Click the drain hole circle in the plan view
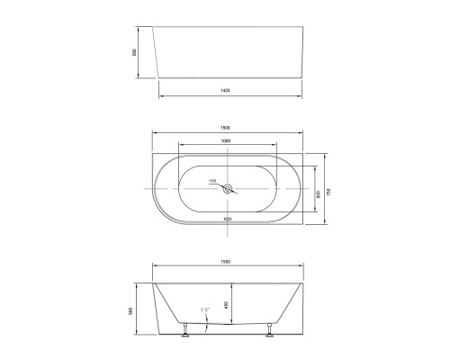(x=228, y=188)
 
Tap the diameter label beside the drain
(x=212, y=181)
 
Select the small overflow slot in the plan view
(x=228, y=217)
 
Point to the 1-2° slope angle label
(x=205, y=310)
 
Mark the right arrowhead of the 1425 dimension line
(x=301, y=96)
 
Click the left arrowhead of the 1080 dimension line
(x=180, y=144)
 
